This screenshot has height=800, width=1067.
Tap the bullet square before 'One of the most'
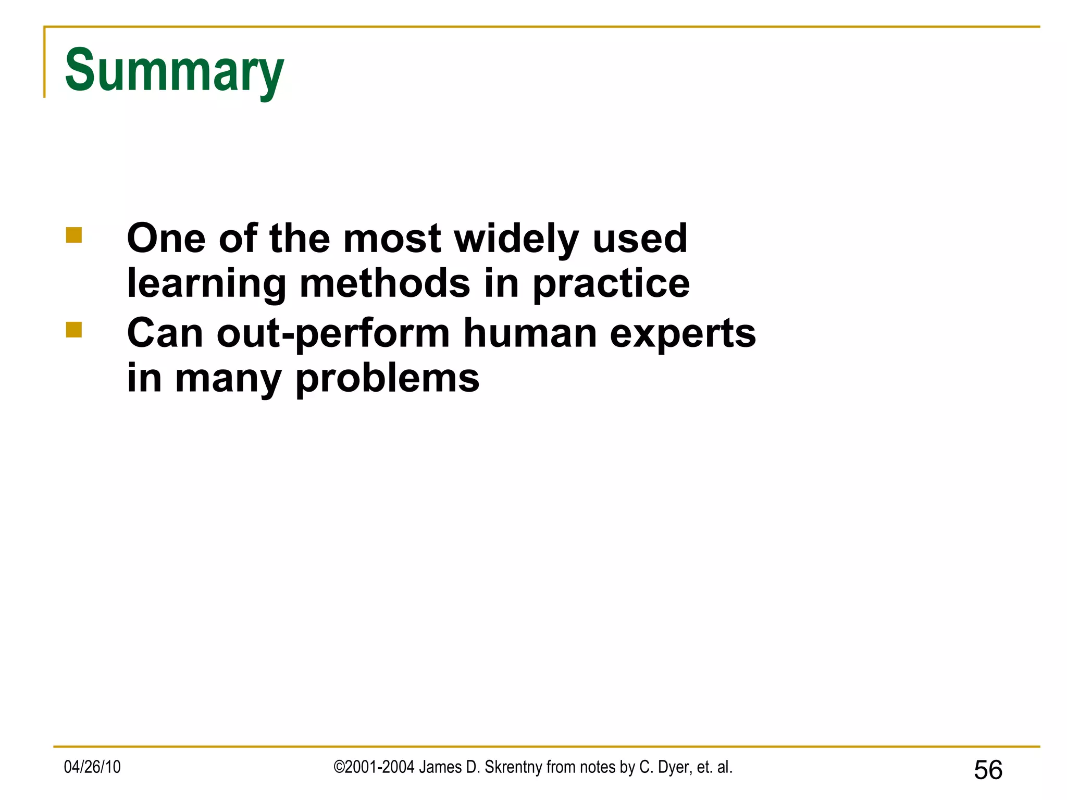pyautogui.click(x=74, y=235)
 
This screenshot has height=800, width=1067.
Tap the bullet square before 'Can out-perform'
pyautogui.click(x=74, y=330)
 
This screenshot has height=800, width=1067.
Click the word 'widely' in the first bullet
pyautogui.click(x=516, y=239)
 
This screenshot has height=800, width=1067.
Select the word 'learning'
pyautogui.click(x=206, y=284)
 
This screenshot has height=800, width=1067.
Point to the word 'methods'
pyautogui.click(x=385, y=284)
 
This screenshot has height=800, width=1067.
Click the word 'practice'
pyautogui.click(x=611, y=284)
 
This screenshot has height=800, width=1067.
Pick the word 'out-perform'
pyautogui.click(x=333, y=333)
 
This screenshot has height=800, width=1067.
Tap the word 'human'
pyautogui.click(x=530, y=333)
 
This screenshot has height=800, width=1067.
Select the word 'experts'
pyautogui.click(x=683, y=333)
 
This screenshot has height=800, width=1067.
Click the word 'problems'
pyautogui.click(x=387, y=379)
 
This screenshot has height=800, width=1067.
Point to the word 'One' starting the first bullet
pyautogui.click(x=166, y=239)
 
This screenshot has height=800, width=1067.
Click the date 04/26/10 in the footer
pyautogui.click(x=92, y=767)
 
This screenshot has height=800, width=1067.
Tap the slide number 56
pyautogui.click(x=988, y=770)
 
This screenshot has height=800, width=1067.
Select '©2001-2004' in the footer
pyautogui.click(x=374, y=767)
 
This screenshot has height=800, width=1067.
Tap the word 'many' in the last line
pyautogui.click(x=228, y=379)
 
